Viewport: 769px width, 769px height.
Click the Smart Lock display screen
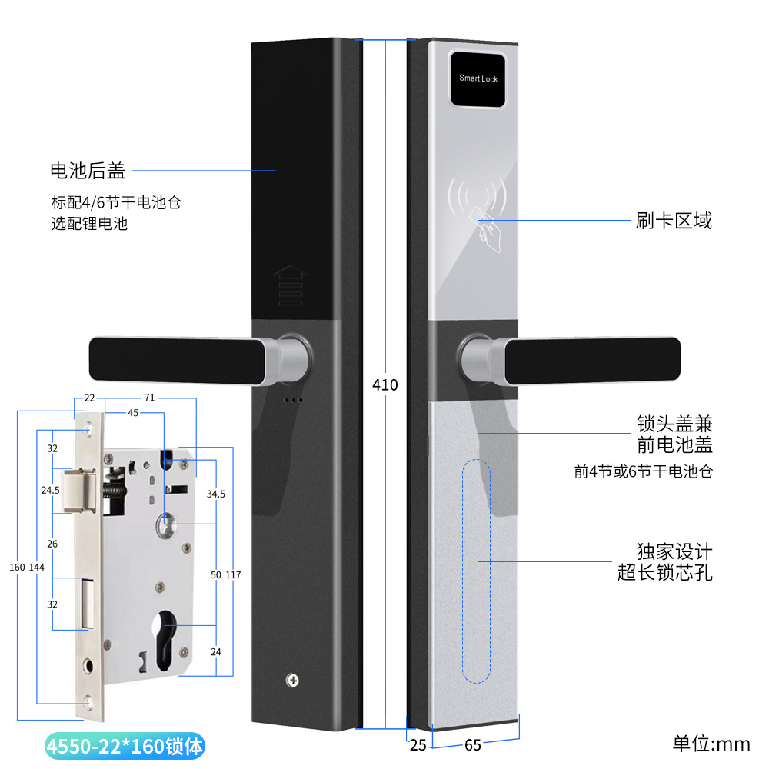pyautogui.click(x=478, y=78)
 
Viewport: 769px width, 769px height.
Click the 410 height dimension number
pyautogui.click(x=384, y=384)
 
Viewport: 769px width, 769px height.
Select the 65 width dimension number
pyautogui.click(x=473, y=745)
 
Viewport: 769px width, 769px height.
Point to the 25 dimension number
pyautogui.click(x=418, y=745)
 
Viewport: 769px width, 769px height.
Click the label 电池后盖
pyautogui.click(x=87, y=170)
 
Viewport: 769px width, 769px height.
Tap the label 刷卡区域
pyautogui.click(x=674, y=221)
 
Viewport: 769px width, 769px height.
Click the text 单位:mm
pyautogui.click(x=711, y=744)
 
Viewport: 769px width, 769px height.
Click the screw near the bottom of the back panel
pyautogui.click(x=293, y=681)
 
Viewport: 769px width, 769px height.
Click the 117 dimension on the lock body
pyautogui.click(x=234, y=575)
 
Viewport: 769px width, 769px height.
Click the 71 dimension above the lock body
pyautogui.click(x=149, y=398)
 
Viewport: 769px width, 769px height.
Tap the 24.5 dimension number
pyautogui.click(x=52, y=489)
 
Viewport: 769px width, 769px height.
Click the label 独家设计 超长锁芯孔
pyautogui.click(x=674, y=562)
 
